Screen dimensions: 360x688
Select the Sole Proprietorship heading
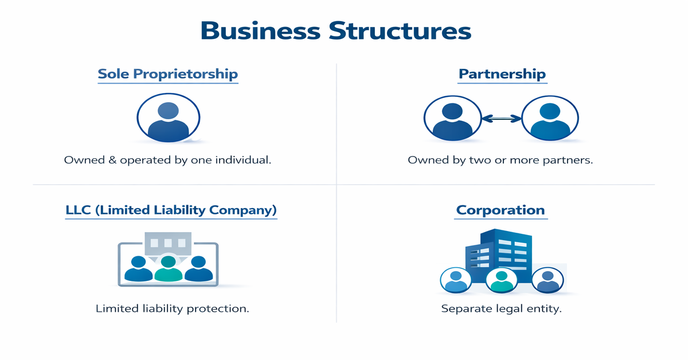click(167, 74)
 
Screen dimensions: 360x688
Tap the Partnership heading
click(502, 74)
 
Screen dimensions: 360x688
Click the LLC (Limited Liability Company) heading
click(171, 210)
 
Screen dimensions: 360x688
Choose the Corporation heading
click(501, 210)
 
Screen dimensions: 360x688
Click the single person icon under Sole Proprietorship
click(168, 118)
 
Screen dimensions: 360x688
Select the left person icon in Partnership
click(452, 119)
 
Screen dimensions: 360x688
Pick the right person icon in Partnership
click(550, 119)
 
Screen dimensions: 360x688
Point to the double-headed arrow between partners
click(501, 119)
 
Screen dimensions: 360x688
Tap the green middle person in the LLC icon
click(168, 268)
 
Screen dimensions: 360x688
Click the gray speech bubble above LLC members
click(167, 244)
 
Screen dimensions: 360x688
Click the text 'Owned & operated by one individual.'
click(167, 160)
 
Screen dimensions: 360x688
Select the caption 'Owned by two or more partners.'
click(500, 160)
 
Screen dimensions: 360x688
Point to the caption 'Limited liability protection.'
click(172, 308)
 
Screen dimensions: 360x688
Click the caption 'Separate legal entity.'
click(501, 308)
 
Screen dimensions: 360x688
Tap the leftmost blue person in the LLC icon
click(139, 268)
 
